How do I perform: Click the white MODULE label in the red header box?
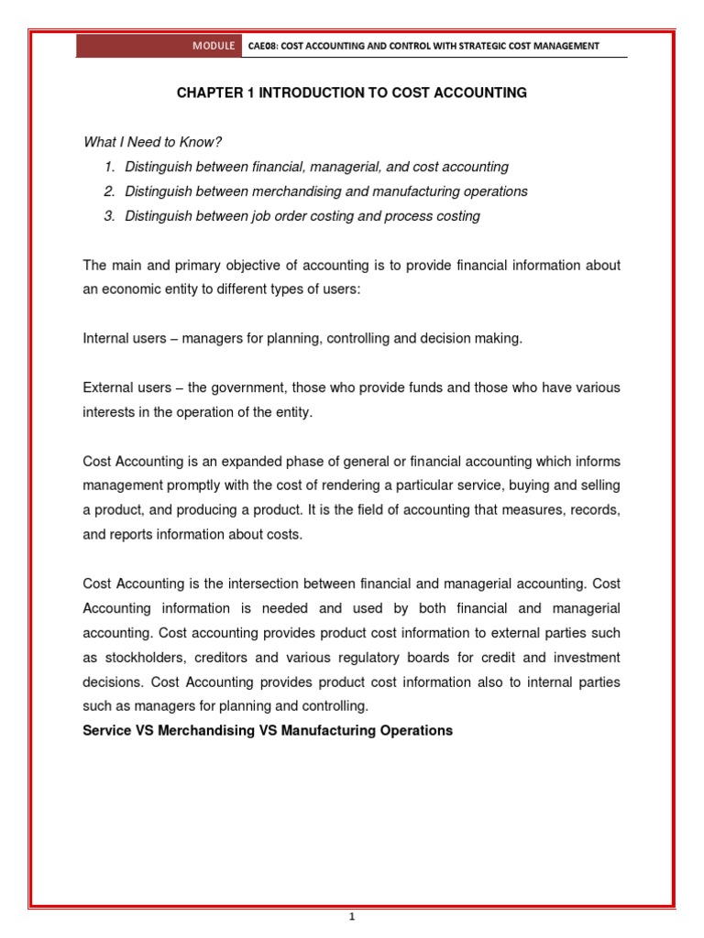214,46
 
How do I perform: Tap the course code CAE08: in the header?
266,46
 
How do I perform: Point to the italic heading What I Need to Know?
153,142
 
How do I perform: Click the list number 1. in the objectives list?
109,167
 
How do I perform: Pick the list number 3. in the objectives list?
109,216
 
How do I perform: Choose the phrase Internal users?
125,339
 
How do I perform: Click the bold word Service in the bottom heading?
106,731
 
